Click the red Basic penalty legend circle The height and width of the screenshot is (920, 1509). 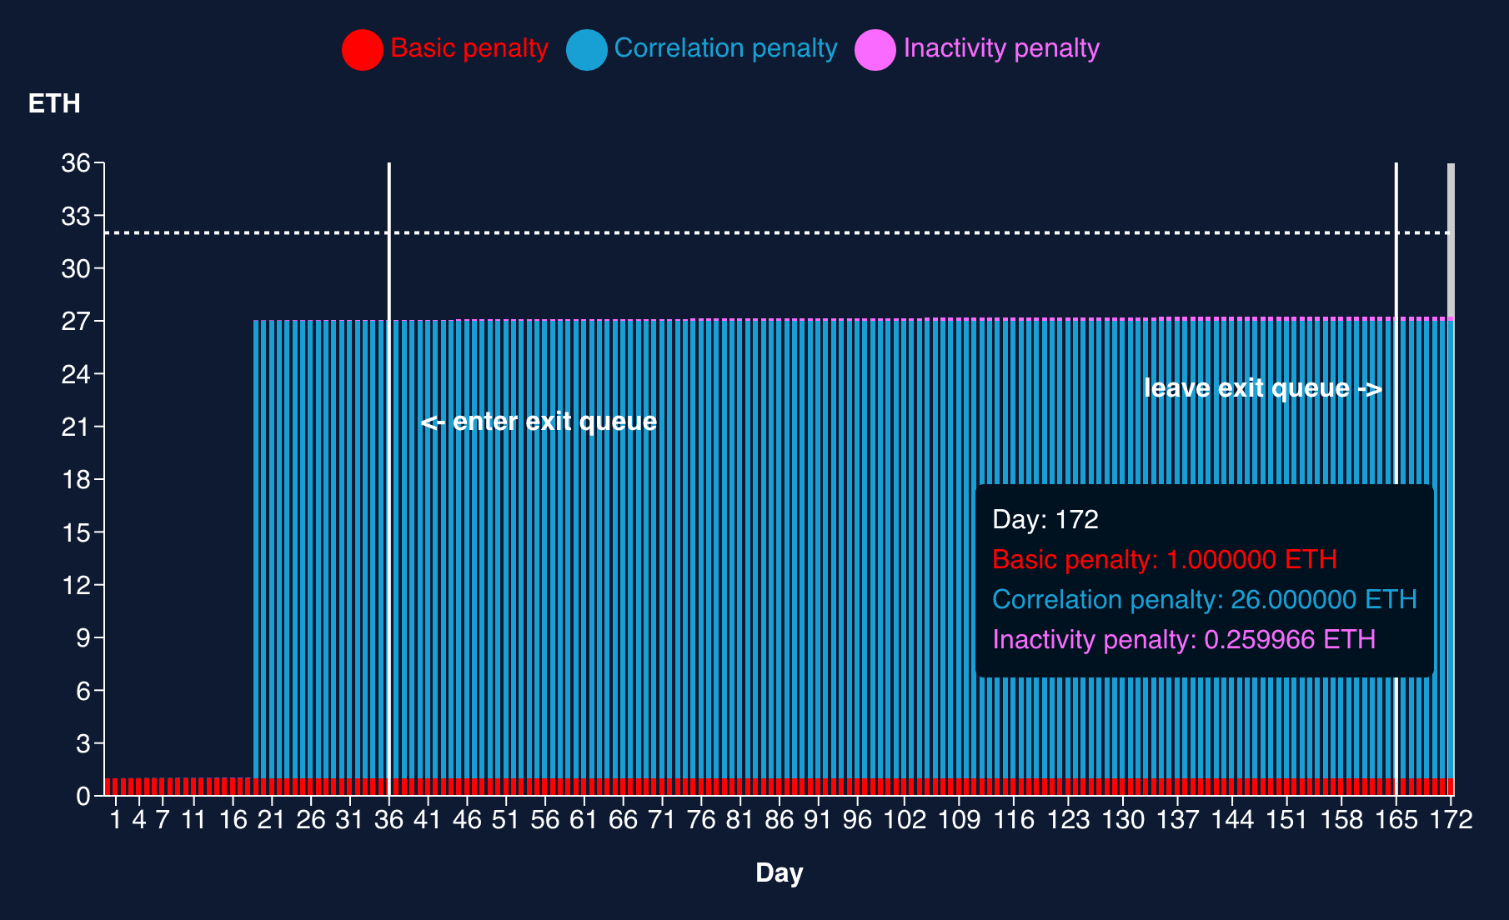click(x=362, y=49)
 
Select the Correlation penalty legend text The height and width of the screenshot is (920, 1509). click(x=725, y=48)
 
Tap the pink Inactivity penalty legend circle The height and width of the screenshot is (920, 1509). click(x=875, y=49)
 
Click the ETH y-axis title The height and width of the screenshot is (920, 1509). click(x=54, y=103)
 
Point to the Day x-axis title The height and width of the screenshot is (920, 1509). click(x=779, y=872)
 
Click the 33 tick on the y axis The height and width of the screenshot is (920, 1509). click(x=76, y=216)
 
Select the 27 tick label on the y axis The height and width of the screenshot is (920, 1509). click(x=76, y=321)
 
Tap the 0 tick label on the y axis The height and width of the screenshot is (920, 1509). click(x=83, y=797)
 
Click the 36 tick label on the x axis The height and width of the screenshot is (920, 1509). click(x=389, y=820)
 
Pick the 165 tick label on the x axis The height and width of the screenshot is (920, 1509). click(x=1396, y=820)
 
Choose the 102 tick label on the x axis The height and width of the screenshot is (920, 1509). click(x=905, y=820)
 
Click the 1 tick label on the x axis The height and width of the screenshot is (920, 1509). click(x=116, y=820)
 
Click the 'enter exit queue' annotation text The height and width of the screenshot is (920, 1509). click(x=539, y=422)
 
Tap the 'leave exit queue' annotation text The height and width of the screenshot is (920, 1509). click(x=1262, y=388)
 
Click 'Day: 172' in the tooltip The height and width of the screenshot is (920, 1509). click(x=1045, y=519)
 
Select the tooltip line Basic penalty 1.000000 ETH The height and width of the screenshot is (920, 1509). click(x=1165, y=559)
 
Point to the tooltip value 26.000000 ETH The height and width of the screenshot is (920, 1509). click(x=1323, y=599)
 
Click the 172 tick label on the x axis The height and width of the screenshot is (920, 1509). click(x=1451, y=820)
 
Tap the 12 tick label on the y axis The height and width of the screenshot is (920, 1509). click(x=76, y=585)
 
